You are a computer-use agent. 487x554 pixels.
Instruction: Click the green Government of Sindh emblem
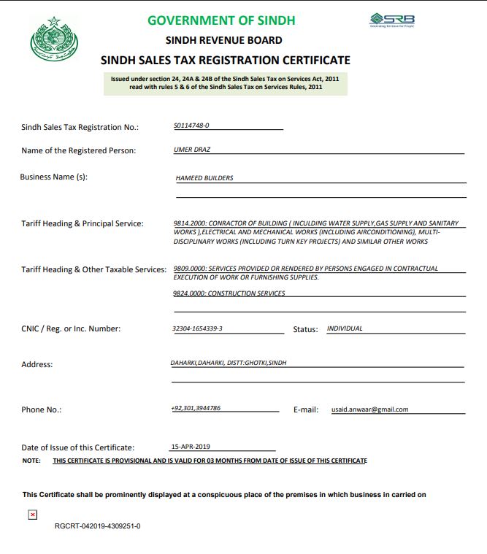(53, 40)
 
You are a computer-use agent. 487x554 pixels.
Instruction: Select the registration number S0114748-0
(191, 126)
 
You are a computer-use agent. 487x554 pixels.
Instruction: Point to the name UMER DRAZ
(188, 150)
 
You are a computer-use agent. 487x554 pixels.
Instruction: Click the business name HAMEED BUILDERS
(204, 177)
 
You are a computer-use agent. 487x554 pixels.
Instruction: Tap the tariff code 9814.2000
(190, 223)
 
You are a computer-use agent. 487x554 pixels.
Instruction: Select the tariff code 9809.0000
(190, 269)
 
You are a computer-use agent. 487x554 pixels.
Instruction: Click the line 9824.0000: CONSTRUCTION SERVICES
(229, 293)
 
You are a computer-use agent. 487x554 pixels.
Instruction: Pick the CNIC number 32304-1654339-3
(197, 328)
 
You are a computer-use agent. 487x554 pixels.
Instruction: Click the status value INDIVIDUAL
(345, 328)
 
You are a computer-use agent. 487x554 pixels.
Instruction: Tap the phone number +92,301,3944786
(196, 408)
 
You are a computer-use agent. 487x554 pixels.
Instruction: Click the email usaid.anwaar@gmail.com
(369, 409)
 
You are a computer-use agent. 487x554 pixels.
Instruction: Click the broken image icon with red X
(32, 515)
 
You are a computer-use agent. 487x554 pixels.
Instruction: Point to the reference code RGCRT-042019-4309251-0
(97, 526)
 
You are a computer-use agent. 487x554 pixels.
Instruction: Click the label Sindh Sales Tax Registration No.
(80, 127)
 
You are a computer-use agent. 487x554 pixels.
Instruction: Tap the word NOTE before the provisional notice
(31, 461)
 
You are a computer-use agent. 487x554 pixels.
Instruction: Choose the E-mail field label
(305, 410)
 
